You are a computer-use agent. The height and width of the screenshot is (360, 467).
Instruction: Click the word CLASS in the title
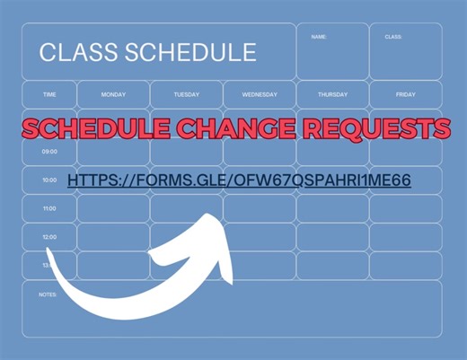pyautogui.click(x=75, y=52)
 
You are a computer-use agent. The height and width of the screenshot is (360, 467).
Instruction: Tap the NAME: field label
pyautogui.click(x=319, y=37)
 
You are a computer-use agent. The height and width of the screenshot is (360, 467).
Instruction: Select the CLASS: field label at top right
pyautogui.click(x=392, y=37)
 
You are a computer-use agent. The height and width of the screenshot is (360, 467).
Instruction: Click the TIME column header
pyautogui.click(x=49, y=94)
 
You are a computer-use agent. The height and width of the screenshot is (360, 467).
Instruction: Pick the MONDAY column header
pyautogui.click(x=113, y=94)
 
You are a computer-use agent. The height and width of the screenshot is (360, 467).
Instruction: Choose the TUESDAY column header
pyautogui.click(x=186, y=94)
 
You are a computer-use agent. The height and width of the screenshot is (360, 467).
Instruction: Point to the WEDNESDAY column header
pyautogui.click(x=260, y=94)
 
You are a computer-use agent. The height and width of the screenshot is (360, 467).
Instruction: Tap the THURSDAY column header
pyautogui.click(x=332, y=94)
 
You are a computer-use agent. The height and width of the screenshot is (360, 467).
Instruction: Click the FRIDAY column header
pyautogui.click(x=405, y=94)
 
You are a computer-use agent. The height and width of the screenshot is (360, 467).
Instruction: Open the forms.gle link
pyautogui.click(x=239, y=180)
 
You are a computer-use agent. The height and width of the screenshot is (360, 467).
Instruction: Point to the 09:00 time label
pyautogui.click(x=49, y=152)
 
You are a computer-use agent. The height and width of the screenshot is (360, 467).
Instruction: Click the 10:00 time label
pyautogui.click(x=49, y=180)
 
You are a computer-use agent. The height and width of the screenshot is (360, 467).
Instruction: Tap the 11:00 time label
pyautogui.click(x=49, y=208)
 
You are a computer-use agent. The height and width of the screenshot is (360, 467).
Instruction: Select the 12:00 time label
pyautogui.click(x=49, y=237)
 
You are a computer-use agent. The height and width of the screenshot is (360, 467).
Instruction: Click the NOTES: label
pyautogui.click(x=48, y=294)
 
